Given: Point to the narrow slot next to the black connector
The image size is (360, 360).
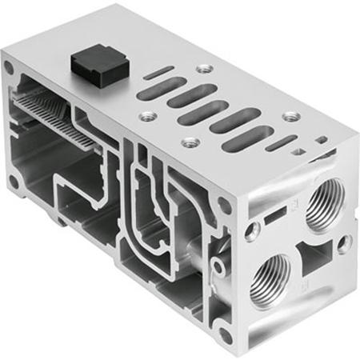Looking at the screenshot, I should click(x=157, y=76).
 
